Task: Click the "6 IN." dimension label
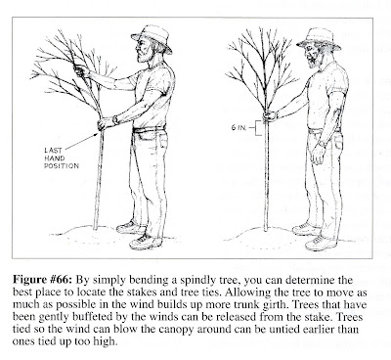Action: (x=238, y=127)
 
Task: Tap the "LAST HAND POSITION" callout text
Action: (x=62, y=158)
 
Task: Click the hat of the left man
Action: (x=152, y=36)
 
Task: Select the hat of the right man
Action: (x=319, y=38)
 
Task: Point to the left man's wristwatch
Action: (x=115, y=119)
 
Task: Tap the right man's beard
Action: (x=314, y=61)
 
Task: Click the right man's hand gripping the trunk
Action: (x=269, y=115)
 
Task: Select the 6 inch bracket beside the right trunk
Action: (x=257, y=128)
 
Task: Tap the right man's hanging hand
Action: (x=318, y=156)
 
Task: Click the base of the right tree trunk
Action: (x=266, y=230)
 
